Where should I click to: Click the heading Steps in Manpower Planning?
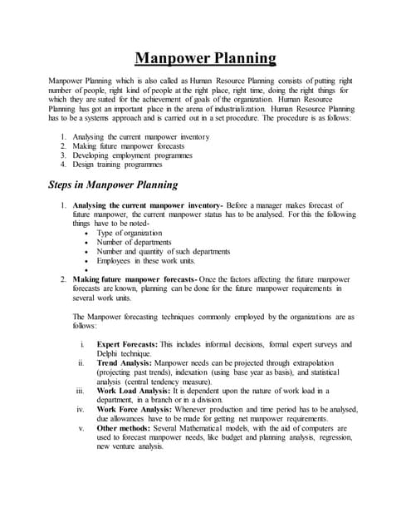[x=113, y=185]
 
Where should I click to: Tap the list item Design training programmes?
[x=117, y=165]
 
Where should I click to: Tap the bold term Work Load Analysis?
[x=135, y=391]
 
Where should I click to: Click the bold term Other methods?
[x=126, y=428]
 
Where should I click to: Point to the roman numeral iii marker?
[x=80, y=391]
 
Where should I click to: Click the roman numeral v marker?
[x=81, y=428]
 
